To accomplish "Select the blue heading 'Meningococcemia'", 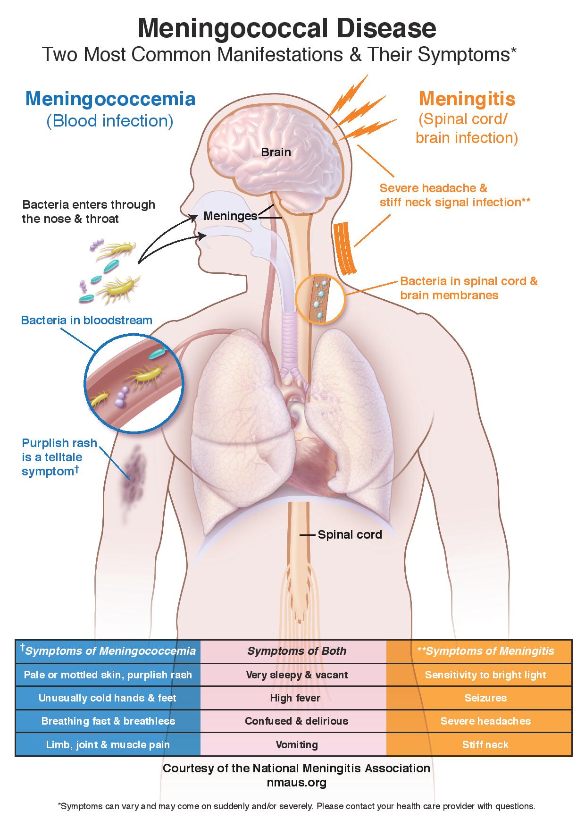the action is pyautogui.click(x=110, y=99).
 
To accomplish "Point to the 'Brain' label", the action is pyautogui.click(x=276, y=152).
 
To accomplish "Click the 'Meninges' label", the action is pyautogui.click(x=231, y=216).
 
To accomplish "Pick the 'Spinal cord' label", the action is pyautogui.click(x=350, y=534).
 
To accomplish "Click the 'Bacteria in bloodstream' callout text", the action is pyautogui.click(x=87, y=320).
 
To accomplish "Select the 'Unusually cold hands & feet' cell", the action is pyautogui.click(x=108, y=698).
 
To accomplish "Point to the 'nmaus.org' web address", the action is pyautogui.click(x=297, y=783).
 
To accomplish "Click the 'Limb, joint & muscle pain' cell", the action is pyautogui.click(x=108, y=744).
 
